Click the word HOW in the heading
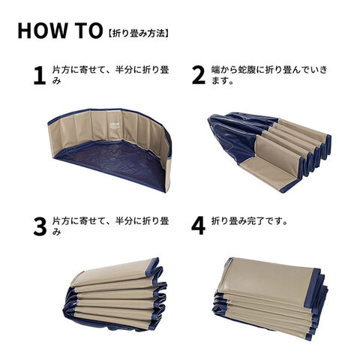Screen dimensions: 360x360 [x=42, y=31]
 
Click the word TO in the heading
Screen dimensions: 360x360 [x=87, y=31]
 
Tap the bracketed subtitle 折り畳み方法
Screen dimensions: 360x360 [x=138, y=33]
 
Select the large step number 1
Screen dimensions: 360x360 [x=40, y=76]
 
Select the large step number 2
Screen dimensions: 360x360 [x=199, y=75]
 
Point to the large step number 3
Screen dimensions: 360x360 [x=40, y=226]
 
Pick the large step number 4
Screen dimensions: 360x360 [x=199, y=226]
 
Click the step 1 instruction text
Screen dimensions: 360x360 [x=110, y=75]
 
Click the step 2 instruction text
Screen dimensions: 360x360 [x=269, y=75]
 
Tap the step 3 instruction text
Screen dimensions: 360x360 [x=110, y=226]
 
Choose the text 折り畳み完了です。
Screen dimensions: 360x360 [x=249, y=221]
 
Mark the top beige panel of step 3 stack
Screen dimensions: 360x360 [x=114, y=272]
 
